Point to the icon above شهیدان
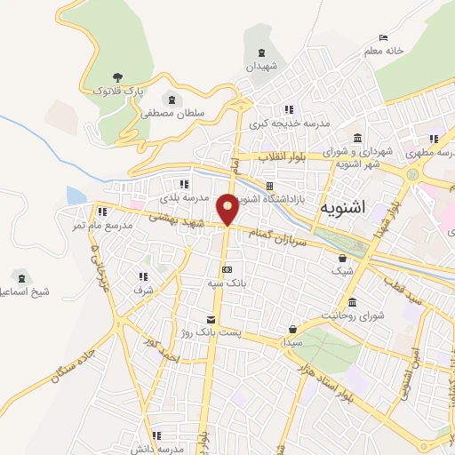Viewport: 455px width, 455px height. pyautogui.click(x=261, y=53)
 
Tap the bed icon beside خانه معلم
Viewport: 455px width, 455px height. pyautogui.click(x=383, y=37)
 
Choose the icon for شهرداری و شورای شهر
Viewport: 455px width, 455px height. pyautogui.click(x=357, y=138)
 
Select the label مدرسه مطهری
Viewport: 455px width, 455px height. pyautogui.click(x=432, y=152)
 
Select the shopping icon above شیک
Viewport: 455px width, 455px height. pyautogui.click(x=342, y=258)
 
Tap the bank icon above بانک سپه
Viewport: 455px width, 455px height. pyautogui.click(x=227, y=269)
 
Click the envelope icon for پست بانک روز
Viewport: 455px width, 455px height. pyautogui.click(x=211, y=319)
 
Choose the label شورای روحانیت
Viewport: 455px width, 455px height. pyautogui.click(x=353, y=315)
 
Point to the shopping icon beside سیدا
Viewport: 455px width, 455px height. pyautogui.click(x=292, y=329)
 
